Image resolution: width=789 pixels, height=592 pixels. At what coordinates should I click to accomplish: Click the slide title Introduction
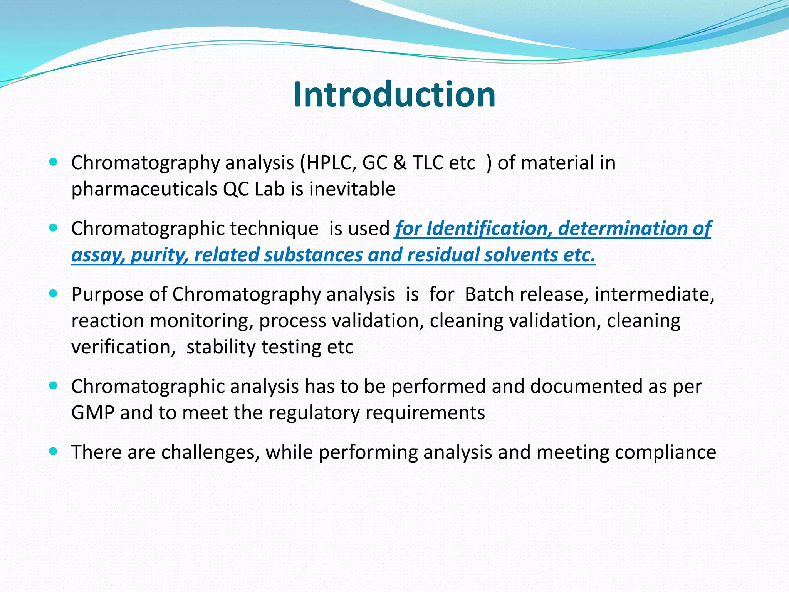point(394,95)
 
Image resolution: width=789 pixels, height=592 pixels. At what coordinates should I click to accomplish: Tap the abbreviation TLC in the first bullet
point(428,163)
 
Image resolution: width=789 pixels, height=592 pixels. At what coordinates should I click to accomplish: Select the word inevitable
point(352,189)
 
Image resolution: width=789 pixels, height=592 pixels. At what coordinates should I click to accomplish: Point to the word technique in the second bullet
point(274,229)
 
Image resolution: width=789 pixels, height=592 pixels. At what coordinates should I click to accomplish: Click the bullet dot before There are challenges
point(54,451)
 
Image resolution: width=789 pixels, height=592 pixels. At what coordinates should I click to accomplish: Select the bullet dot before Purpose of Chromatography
point(54,294)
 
